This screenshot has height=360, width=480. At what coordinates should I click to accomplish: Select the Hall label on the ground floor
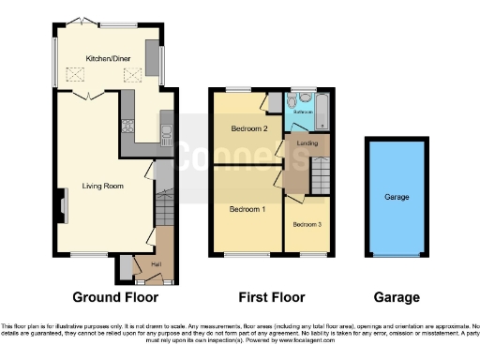click(156, 264)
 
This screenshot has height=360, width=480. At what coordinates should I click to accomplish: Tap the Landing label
click(306, 143)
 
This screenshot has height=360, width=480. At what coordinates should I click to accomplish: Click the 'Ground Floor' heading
click(102, 297)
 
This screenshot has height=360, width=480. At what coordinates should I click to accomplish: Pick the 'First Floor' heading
click(269, 297)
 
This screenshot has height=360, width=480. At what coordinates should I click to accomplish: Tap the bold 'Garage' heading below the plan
click(398, 297)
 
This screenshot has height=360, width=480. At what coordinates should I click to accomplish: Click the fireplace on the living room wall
click(64, 205)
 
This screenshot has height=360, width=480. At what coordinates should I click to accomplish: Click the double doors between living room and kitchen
click(86, 96)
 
